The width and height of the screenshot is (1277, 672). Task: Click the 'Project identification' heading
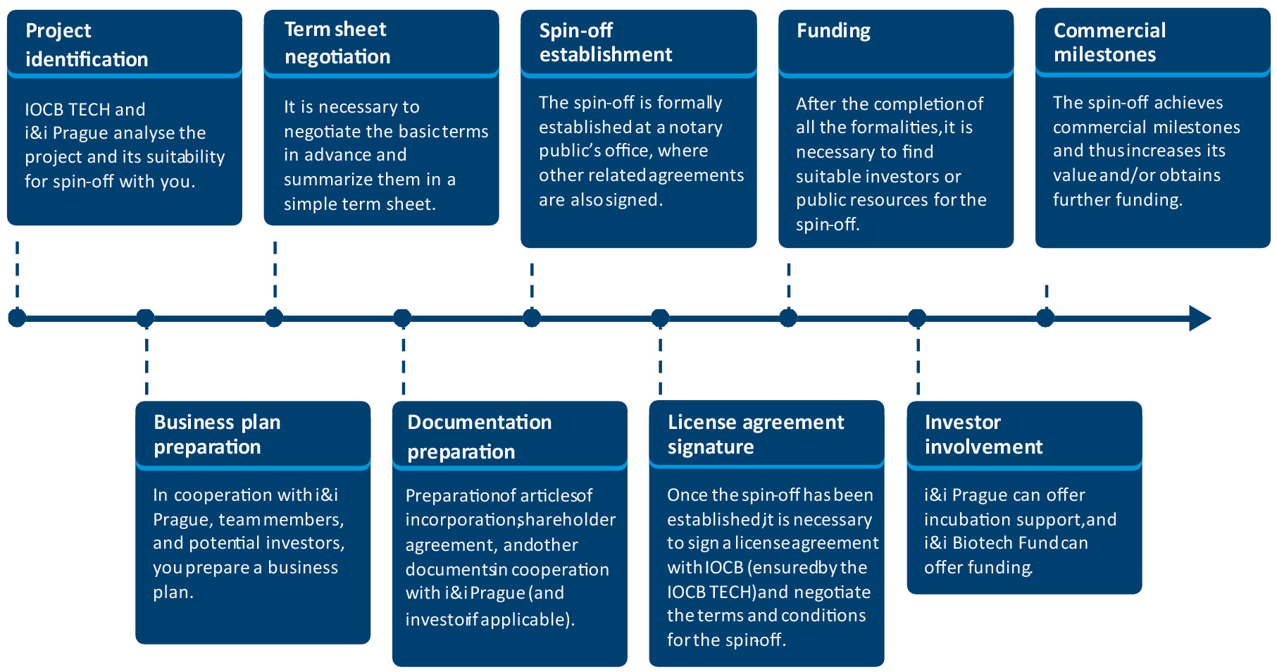coord(87,44)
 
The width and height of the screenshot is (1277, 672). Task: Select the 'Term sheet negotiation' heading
coord(337,42)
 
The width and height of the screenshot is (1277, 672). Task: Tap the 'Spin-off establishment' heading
coord(606,42)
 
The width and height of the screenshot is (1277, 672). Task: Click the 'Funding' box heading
coord(833,31)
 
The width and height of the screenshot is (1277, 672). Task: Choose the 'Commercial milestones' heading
coord(1109,42)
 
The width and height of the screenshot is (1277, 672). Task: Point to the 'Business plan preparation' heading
coord(217,434)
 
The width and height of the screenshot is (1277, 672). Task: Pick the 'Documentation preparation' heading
coord(479,437)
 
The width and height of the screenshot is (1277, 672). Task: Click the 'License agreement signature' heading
coord(755,434)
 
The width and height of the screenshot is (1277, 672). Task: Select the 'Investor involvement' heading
coord(983,434)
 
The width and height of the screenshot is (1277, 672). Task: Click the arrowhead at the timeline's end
coord(1200,318)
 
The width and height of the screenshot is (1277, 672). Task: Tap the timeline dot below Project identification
coord(17,318)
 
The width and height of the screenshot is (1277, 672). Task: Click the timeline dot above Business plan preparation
coord(145,318)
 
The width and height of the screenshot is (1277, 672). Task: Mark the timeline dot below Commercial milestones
coord(1045,318)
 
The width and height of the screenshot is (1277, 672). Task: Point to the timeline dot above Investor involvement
coord(917,318)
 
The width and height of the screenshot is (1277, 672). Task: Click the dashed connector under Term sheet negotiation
coord(275,275)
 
